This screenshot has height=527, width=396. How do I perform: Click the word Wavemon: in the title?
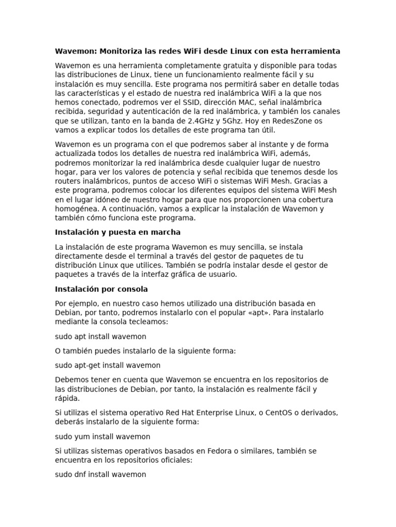click(76, 51)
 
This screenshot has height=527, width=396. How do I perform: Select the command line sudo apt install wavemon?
click(101, 337)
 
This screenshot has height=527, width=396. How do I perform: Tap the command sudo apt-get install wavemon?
click(108, 365)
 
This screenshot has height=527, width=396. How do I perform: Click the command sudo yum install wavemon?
click(103, 436)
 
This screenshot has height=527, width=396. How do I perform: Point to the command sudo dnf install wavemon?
click(101, 475)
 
